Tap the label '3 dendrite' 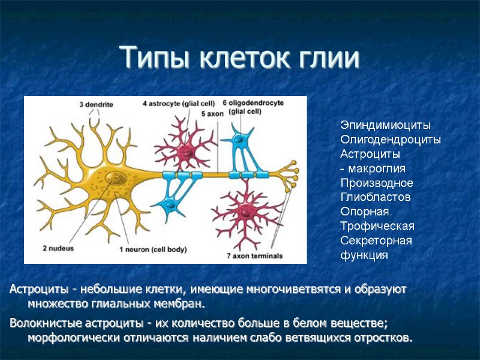(x=96, y=104)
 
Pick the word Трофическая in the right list (x=377, y=226)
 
